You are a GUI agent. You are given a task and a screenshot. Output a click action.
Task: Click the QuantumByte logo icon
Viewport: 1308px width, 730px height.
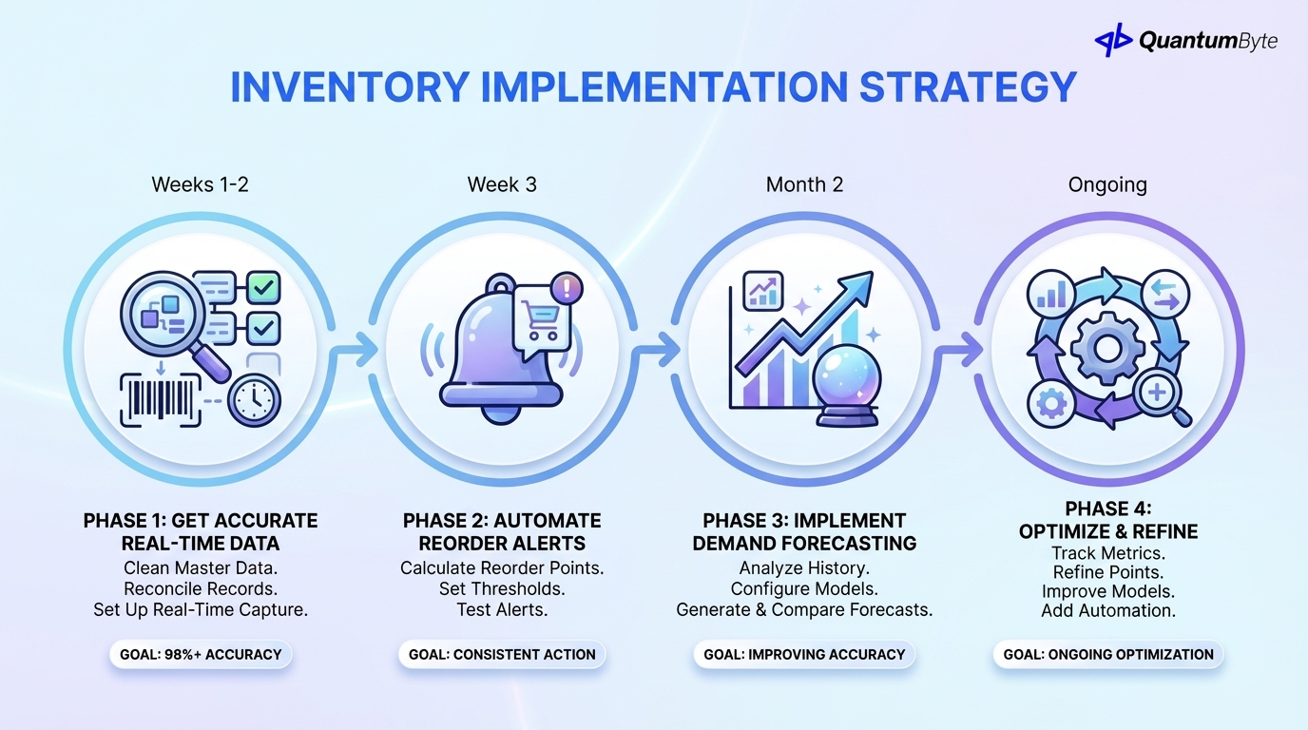click(x=1113, y=40)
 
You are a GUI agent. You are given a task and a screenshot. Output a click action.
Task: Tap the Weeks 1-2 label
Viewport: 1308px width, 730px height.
click(x=200, y=184)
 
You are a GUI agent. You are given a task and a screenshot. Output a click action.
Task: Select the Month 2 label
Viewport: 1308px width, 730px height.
click(x=804, y=184)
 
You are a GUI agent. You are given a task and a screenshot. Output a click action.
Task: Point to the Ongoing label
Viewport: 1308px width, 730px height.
click(x=1107, y=184)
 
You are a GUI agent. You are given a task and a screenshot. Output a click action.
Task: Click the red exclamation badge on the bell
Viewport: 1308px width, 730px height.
click(x=567, y=287)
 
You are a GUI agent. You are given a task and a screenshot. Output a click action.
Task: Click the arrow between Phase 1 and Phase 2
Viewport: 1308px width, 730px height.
click(x=353, y=351)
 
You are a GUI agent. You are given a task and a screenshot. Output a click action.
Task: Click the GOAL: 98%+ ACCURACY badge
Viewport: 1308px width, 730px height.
click(x=201, y=654)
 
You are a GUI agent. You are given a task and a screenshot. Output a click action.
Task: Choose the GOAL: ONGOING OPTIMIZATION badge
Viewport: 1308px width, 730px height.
click(x=1108, y=654)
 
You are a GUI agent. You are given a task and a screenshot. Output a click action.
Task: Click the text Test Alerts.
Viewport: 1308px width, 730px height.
click(x=502, y=609)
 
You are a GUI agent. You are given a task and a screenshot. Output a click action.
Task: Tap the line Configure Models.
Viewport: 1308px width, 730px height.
click(x=804, y=588)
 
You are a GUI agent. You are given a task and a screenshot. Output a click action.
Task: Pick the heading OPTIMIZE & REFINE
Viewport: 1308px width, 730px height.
click(x=1108, y=531)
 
